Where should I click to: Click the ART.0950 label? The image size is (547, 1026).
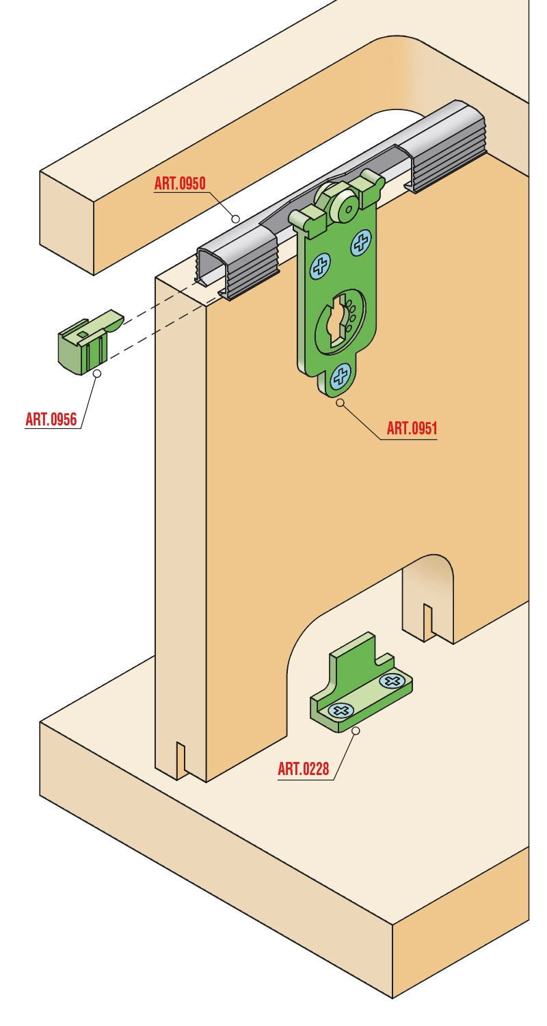pos(180,183)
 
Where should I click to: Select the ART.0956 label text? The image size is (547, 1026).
pos(51,419)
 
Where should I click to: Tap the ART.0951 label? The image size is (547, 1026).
pos(412,428)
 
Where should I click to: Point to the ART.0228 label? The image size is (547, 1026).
pos(304,769)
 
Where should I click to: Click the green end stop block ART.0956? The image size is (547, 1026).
pos(87,341)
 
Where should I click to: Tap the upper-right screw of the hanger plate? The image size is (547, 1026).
pos(361,242)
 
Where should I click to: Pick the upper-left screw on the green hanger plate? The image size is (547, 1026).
pos(321,265)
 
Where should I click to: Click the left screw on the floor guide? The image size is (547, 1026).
pos(341,711)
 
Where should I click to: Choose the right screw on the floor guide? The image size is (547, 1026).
pos(392,681)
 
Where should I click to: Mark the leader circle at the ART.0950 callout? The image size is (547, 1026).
pos(236,219)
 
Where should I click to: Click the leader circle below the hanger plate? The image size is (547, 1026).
pos(340,403)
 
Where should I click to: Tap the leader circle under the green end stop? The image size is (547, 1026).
pos(97,373)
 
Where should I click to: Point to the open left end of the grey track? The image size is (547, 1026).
pos(209,265)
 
